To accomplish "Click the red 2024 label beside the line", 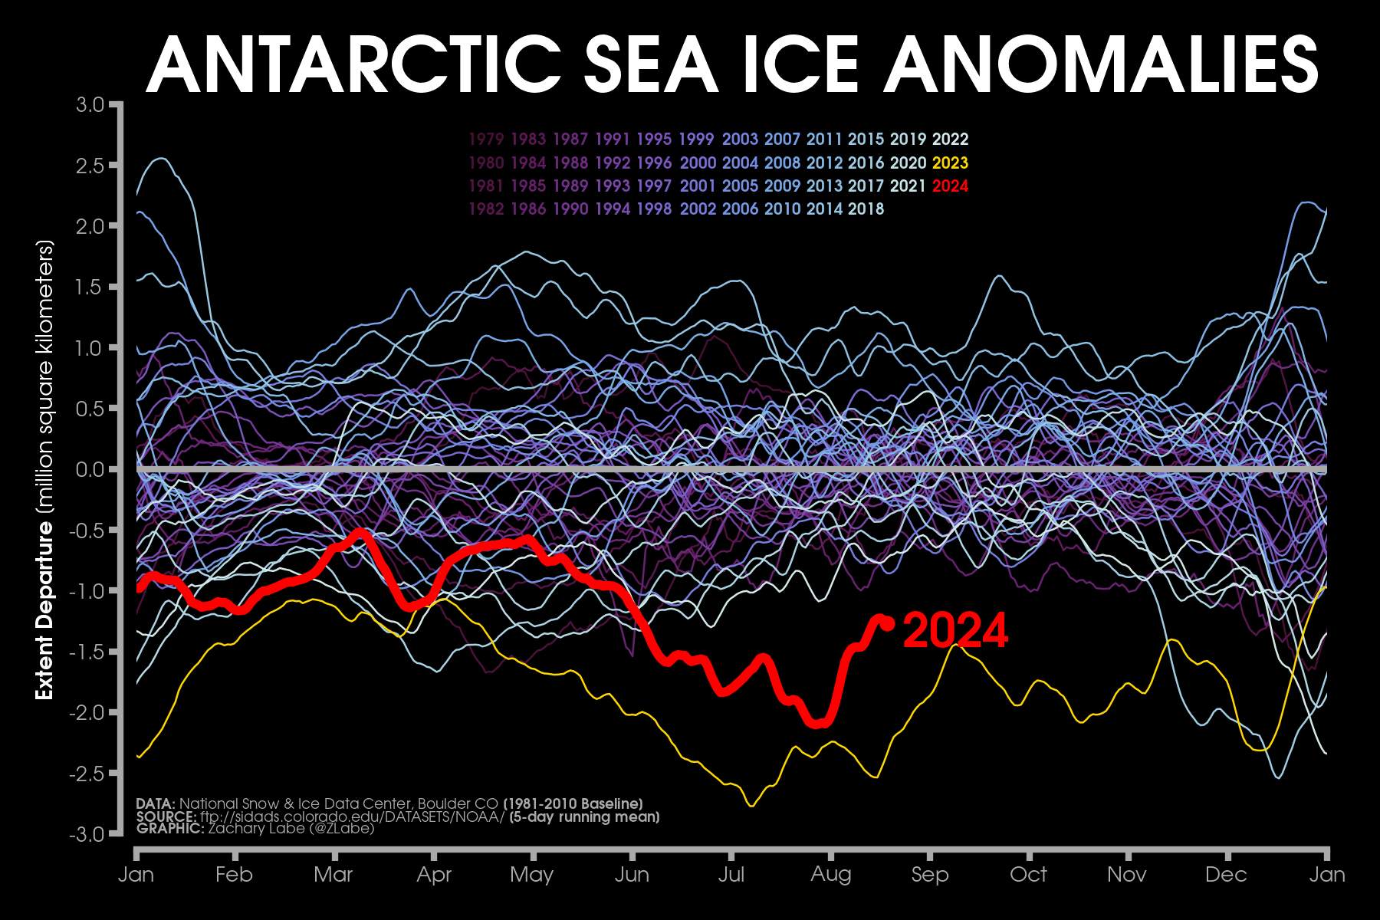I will click(955, 631).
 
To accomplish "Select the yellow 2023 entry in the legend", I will click(950, 163).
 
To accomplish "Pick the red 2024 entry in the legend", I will click(950, 186).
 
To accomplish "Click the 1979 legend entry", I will click(485, 140).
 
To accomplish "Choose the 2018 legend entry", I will click(866, 209).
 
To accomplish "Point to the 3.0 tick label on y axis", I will click(90, 104).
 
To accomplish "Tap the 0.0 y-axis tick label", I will click(90, 469).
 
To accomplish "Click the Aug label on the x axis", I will click(830, 875).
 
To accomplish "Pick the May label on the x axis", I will click(531, 875).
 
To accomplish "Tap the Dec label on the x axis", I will click(1226, 875).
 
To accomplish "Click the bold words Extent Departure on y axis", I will click(45, 610).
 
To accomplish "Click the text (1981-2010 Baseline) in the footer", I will click(573, 803).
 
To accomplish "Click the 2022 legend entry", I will click(950, 140).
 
